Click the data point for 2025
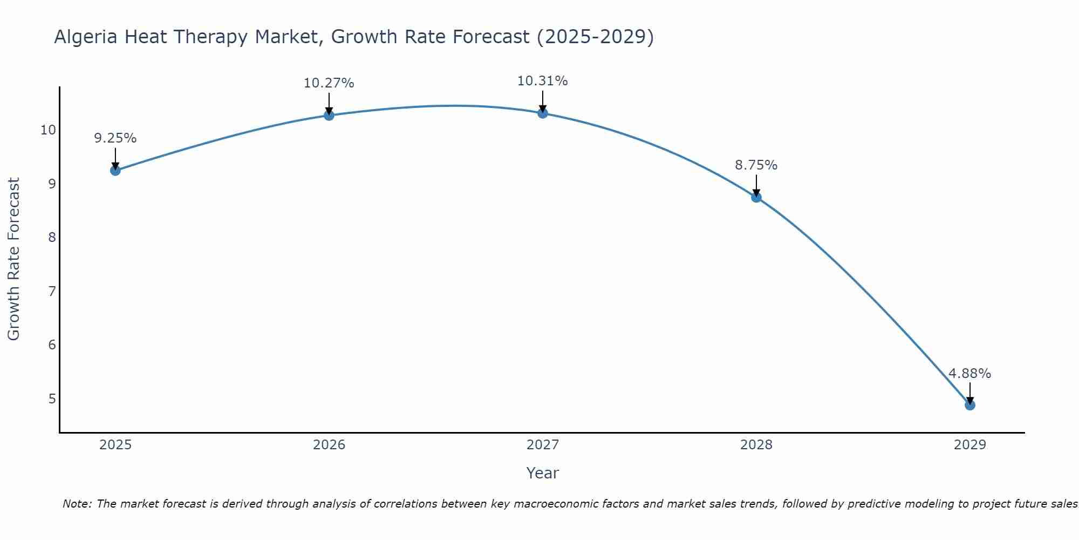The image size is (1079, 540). point(115,171)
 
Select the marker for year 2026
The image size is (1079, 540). point(329,115)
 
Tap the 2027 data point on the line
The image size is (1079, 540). point(542,113)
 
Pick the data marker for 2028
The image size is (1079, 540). point(756,197)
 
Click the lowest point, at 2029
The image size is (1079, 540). point(969,405)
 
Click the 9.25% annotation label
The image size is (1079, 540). point(115,138)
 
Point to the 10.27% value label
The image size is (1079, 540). point(329,83)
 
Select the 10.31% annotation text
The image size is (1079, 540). point(542,81)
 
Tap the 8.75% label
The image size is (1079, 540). point(756,165)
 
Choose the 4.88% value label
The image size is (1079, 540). point(969,374)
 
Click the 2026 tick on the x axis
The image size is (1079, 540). point(329,445)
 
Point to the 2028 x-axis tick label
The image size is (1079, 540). point(756,445)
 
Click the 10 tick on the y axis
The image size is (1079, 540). point(48,130)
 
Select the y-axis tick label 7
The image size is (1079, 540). point(52,292)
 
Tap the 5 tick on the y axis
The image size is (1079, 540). point(52,399)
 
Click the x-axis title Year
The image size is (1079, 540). point(542,473)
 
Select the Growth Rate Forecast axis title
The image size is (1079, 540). point(13,259)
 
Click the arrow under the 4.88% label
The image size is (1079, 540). point(969,393)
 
